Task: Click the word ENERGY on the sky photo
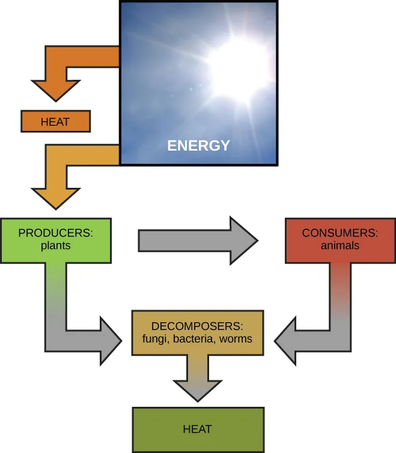[x=198, y=146]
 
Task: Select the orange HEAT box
[x=55, y=122]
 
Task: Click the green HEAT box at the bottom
[x=198, y=430]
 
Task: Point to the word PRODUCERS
[x=56, y=233]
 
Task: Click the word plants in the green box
[x=56, y=245]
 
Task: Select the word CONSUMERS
[x=340, y=233]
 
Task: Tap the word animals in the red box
[x=340, y=245]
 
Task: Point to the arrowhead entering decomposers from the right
[x=286, y=341]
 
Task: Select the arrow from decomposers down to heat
[x=198, y=381]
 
